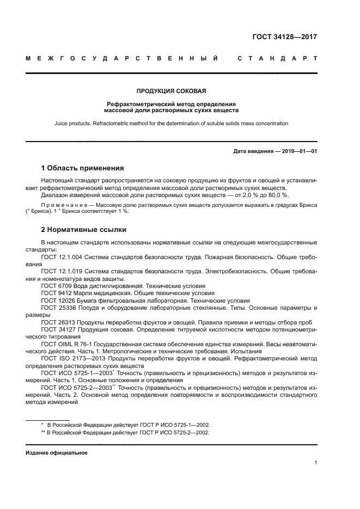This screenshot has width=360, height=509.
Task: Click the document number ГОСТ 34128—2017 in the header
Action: point(285,38)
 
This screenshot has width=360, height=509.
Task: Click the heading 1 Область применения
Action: point(82,168)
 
